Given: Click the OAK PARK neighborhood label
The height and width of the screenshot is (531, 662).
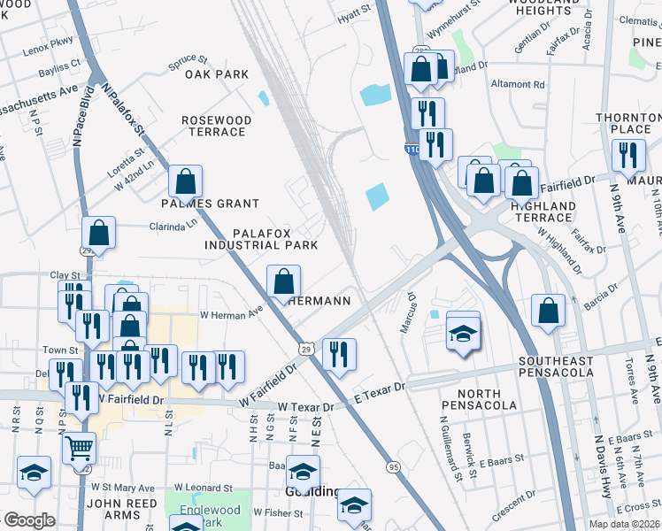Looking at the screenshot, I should click(217, 75).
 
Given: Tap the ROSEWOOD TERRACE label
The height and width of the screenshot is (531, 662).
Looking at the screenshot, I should click(217, 126).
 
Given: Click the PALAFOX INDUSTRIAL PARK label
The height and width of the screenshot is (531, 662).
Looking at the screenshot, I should click(262, 238).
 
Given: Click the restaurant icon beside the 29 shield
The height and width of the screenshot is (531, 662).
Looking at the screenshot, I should click(339, 355).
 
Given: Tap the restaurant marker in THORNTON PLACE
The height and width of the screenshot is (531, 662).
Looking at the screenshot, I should click(628, 156).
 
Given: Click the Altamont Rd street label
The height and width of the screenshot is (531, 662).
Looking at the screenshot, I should click(519, 85).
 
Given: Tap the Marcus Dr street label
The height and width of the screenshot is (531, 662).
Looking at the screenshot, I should click(408, 312).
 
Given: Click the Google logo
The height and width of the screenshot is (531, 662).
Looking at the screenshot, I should click(29, 520).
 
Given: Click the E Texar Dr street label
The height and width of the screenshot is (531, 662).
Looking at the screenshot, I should click(379, 388).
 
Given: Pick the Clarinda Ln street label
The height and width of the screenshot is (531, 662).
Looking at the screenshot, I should click(180, 225).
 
